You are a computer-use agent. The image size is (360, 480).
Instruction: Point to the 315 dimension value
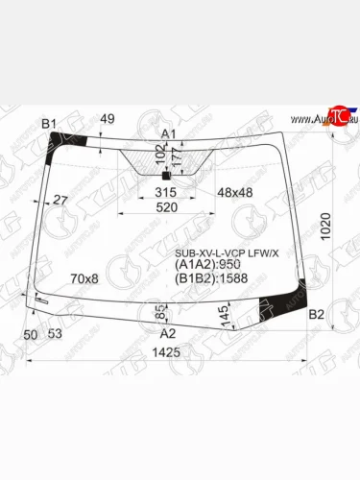tap(166, 193)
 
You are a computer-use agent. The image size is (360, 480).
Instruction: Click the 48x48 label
tap(234, 193)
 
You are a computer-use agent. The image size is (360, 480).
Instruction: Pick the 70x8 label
tap(84, 278)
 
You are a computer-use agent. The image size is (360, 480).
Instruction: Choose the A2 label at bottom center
tap(168, 333)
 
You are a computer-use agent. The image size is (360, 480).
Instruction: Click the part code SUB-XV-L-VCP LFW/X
tap(227, 252)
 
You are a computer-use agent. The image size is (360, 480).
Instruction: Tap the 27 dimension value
tap(60, 200)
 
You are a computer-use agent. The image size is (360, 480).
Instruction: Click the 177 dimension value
tap(175, 154)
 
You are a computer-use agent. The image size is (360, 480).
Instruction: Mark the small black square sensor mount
tap(165, 176)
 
